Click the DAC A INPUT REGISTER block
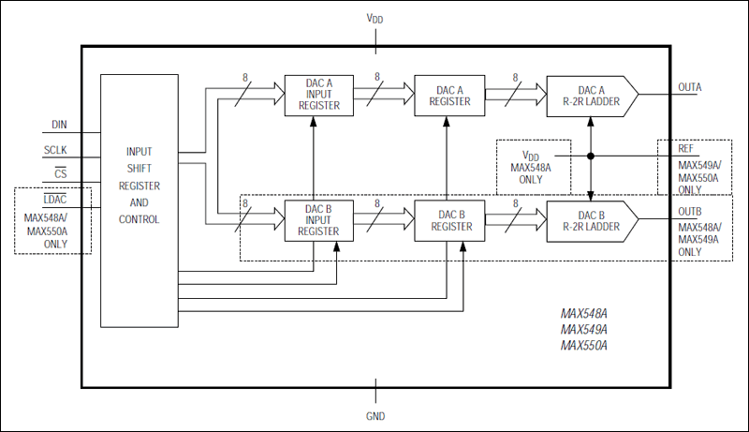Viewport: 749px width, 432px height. coord(319,96)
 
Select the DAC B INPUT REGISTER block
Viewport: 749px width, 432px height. coord(319,220)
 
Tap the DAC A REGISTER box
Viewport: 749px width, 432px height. coord(447,96)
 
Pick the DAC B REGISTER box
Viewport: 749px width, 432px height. coord(447,220)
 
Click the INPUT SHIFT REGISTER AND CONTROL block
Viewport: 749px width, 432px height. coord(139,201)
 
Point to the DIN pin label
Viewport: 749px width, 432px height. coord(59,124)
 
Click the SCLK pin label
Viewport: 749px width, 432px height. coord(55,150)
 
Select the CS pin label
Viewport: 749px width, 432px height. coord(60,173)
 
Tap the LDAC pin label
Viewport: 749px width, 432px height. coord(55,199)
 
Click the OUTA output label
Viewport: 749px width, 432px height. coord(690,87)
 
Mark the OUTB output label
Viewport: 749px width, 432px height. coord(690,212)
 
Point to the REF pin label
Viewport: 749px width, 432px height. coord(686,149)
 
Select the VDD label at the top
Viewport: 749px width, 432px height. coord(375,17)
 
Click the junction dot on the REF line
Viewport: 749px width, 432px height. coord(591,156)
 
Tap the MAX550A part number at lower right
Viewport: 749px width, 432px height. coord(584,346)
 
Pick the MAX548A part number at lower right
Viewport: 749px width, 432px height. coord(584,314)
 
